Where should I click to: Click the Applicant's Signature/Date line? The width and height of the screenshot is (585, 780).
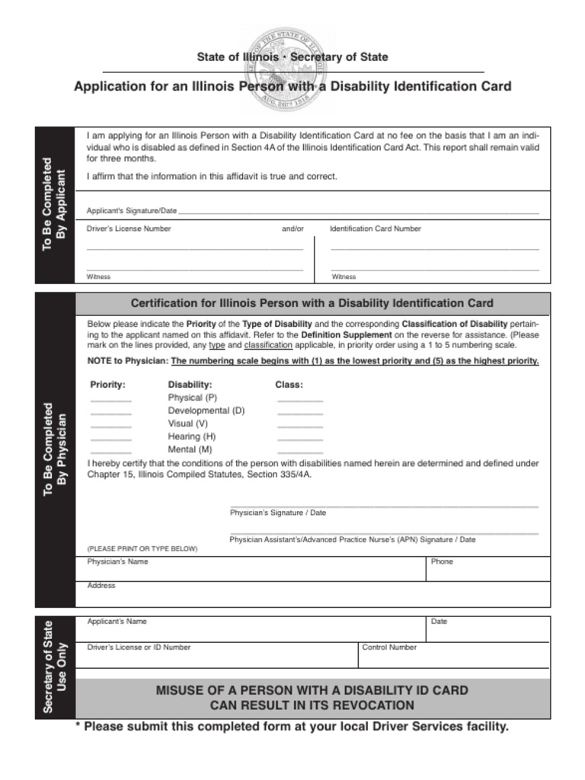(x=358, y=212)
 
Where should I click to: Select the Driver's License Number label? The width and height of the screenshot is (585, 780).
(x=129, y=229)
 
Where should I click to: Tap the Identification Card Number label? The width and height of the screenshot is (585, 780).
(x=375, y=229)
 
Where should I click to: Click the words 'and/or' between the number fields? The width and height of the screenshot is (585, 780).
(x=292, y=229)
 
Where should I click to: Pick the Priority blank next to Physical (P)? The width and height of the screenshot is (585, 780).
(x=111, y=399)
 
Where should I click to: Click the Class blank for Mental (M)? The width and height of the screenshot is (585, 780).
(x=300, y=451)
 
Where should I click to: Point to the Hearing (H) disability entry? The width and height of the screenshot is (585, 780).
(x=191, y=436)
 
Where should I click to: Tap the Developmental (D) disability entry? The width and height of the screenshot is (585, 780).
(x=206, y=411)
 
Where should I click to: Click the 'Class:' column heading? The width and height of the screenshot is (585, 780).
(x=289, y=385)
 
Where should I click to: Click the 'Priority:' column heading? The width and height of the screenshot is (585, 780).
(x=107, y=385)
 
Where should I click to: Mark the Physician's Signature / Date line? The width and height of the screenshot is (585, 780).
(x=384, y=506)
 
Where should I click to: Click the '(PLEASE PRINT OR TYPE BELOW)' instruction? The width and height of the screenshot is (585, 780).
(x=142, y=548)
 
